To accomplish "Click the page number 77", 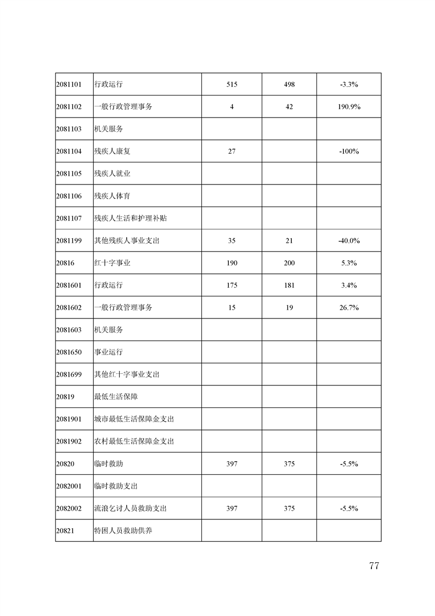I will pos(374,566).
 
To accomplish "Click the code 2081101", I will pos(69,85).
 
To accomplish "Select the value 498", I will pos(289,85).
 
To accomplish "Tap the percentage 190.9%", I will pos(349,107).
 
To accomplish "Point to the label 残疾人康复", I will pos(112,152).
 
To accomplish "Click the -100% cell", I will pos(349,152).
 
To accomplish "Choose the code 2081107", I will pos(69,219).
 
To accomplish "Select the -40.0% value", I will pos(349,241).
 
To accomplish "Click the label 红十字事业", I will pos(112,263).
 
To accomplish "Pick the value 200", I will pos(289,263).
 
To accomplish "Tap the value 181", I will pos(289,285).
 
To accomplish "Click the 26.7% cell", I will pos(349,308).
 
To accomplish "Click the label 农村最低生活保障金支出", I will pos(134,441).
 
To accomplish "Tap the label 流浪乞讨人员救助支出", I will pos(130,508).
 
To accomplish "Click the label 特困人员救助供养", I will pos(123,531).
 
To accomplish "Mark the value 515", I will pos(231,85).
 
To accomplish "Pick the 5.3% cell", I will pos(349,263).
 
